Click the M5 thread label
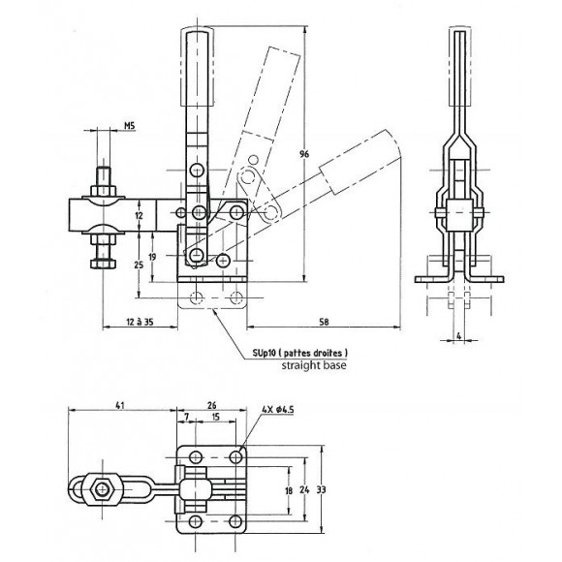(130, 125)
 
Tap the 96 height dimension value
(304, 154)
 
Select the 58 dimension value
(324, 322)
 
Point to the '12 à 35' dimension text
(140, 322)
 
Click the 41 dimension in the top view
(120, 405)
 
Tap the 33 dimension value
(321, 489)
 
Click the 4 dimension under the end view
(458, 336)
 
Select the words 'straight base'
(314, 365)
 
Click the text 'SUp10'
(264, 353)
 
